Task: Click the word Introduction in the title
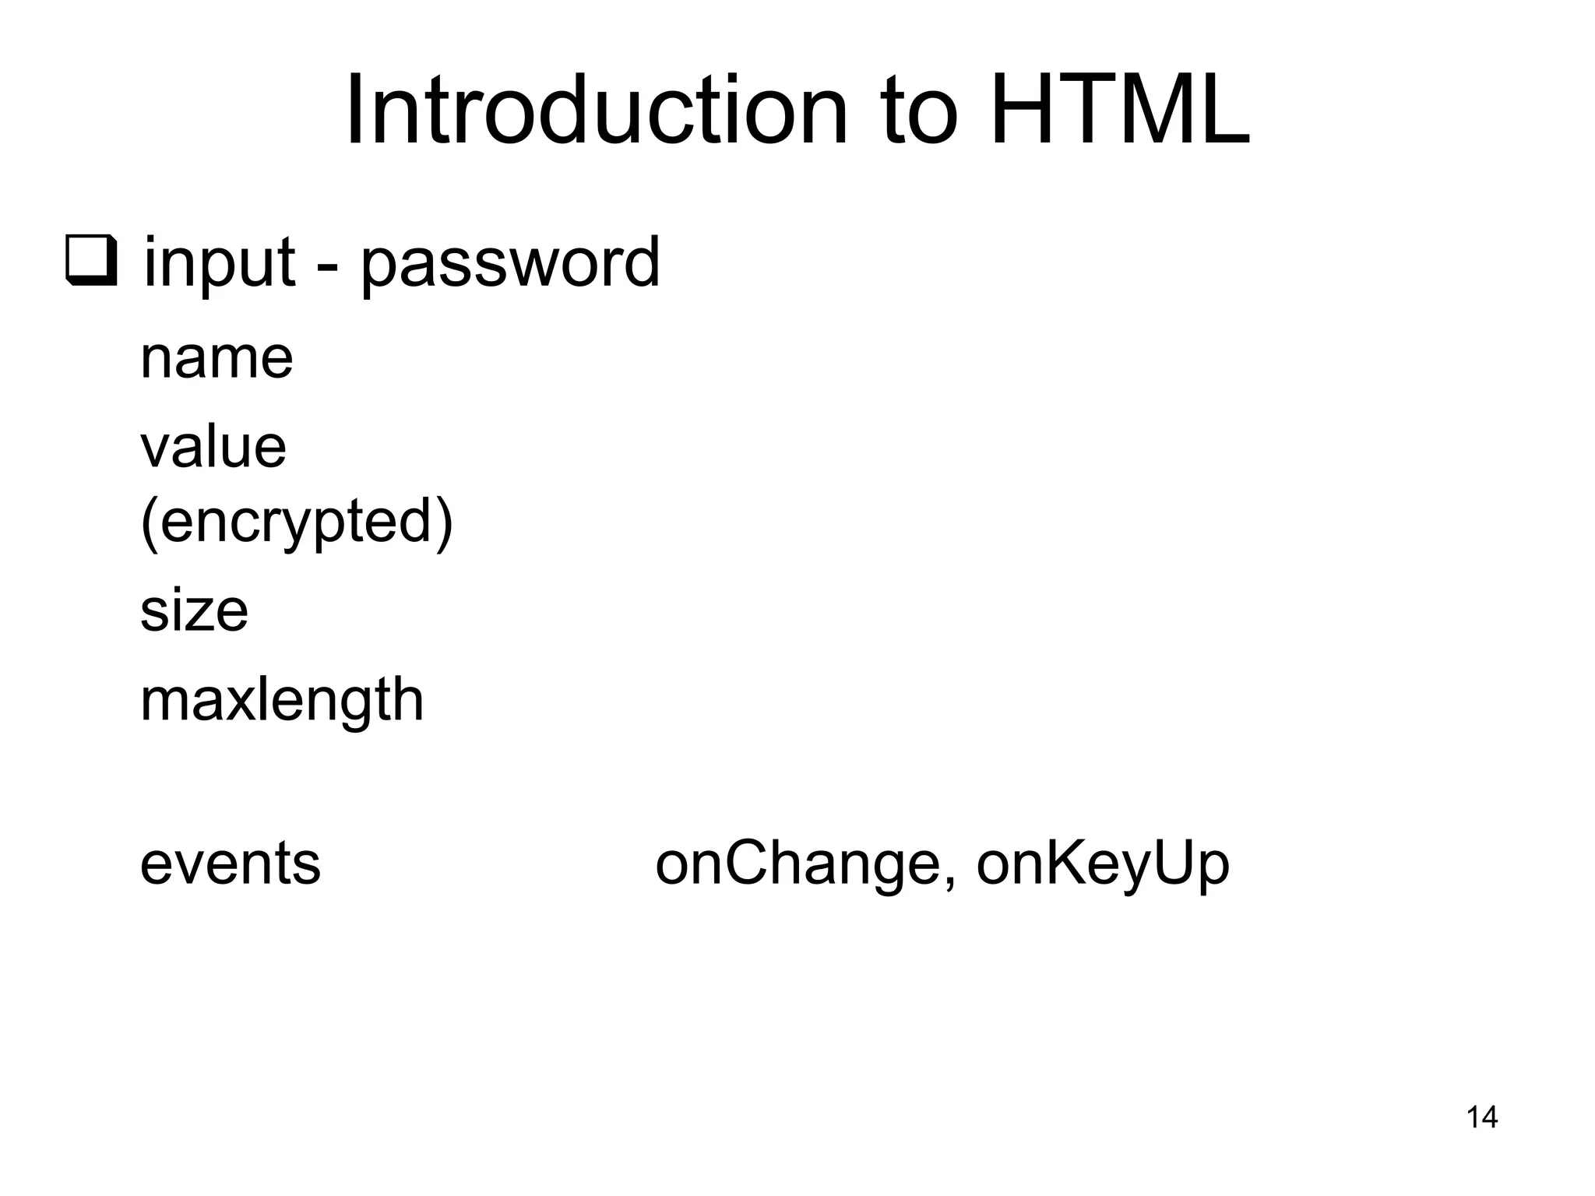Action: pos(596,110)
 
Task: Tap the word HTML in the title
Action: pos(1119,110)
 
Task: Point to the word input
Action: pos(219,263)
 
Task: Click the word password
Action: pos(509,263)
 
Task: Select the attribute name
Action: pos(217,359)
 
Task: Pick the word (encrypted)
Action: pos(297,522)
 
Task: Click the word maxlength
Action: pos(282,700)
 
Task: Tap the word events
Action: pos(230,864)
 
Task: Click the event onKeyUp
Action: pos(1103,864)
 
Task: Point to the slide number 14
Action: pos(1481,1117)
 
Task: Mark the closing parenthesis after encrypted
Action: pos(445,522)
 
